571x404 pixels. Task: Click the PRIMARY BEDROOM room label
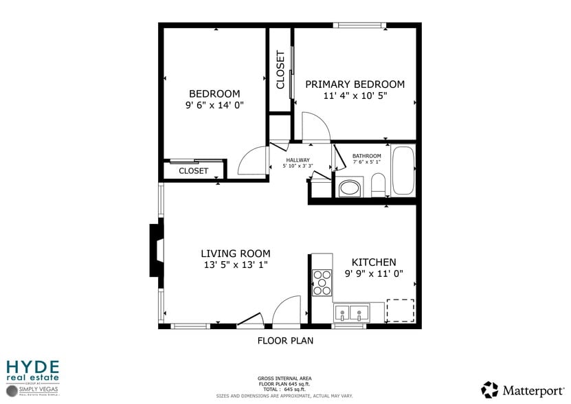tap(355, 85)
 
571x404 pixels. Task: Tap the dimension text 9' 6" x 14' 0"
tap(214, 105)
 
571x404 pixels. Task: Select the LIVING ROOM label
tap(235, 254)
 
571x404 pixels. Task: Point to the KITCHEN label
tap(374, 262)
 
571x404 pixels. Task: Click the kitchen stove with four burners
tap(322, 282)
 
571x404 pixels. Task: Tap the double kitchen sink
tap(350, 313)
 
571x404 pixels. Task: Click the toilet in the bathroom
tap(377, 184)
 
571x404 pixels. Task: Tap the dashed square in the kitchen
tap(400, 311)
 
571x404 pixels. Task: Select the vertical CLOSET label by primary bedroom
tap(280, 70)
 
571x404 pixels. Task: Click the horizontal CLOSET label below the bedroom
tap(193, 171)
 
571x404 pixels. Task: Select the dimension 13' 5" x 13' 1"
tap(235, 265)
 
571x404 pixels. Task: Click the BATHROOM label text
tap(366, 156)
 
